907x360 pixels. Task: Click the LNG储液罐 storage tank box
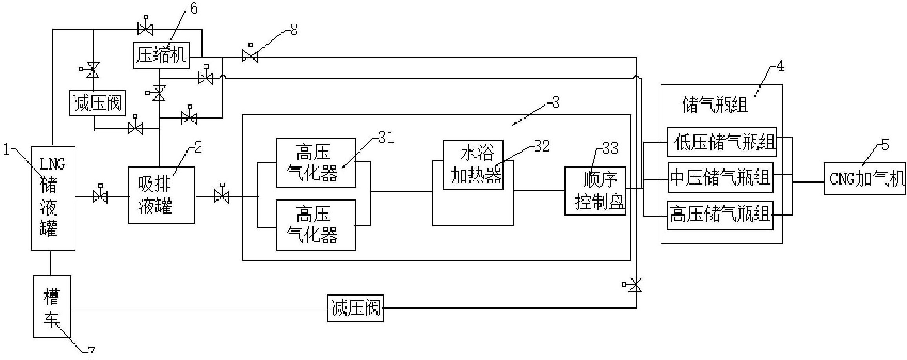(53, 198)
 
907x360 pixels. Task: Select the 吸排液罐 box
(161, 195)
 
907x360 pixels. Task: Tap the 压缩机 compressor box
(161, 55)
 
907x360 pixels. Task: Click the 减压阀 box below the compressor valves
(97, 103)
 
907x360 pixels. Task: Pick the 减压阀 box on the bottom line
(355, 308)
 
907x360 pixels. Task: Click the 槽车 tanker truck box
(52, 307)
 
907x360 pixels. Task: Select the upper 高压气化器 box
(316, 163)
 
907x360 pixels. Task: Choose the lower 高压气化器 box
(316, 225)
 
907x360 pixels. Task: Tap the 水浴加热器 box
(473, 165)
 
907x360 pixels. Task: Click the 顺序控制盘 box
(595, 191)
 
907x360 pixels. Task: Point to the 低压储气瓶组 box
(721, 142)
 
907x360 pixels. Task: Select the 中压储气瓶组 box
(720, 177)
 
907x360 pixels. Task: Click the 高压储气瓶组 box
(720, 215)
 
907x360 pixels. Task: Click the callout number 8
(294, 30)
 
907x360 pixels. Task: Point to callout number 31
(386, 138)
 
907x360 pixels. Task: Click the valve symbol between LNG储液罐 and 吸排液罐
(100, 196)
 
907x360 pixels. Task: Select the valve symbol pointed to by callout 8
(250, 56)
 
